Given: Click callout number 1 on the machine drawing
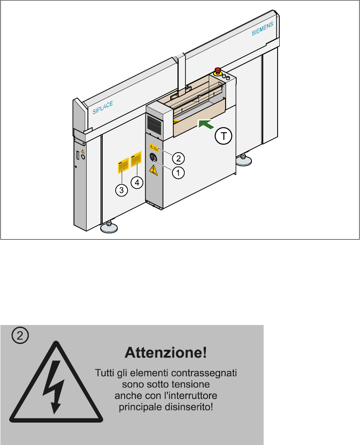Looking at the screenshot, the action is point(178,172).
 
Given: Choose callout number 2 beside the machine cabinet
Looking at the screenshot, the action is point(178,158).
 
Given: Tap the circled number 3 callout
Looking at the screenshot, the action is point(121,190).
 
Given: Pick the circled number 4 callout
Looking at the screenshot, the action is point(136,182).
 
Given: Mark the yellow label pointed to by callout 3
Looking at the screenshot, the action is point(123,167).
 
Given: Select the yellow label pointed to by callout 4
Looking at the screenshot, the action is point(136,159).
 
